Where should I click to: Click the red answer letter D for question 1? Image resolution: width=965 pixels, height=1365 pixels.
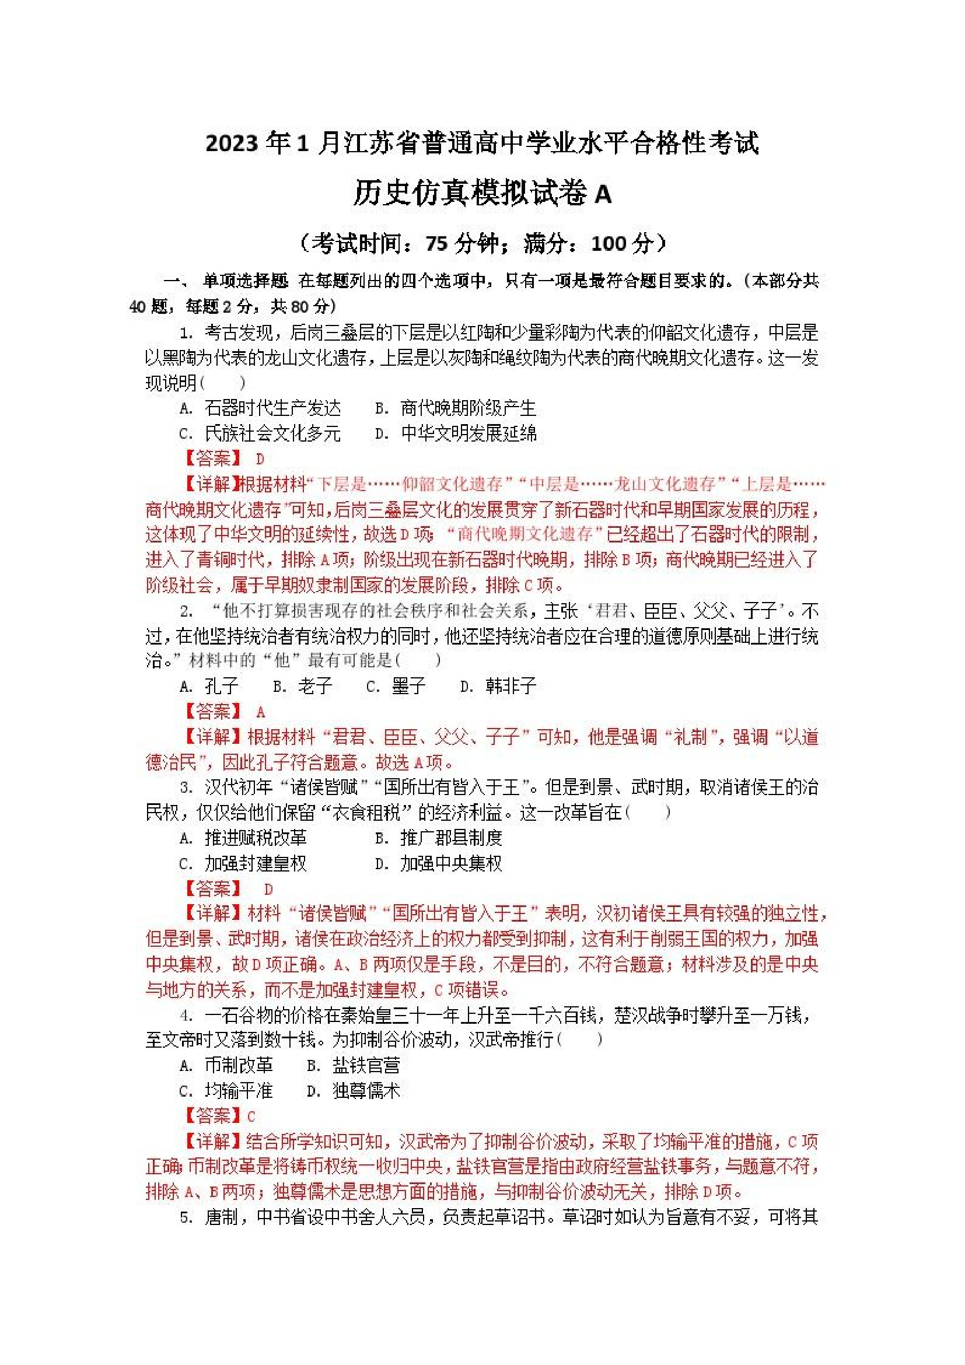pyautogui.click(x=260, y=459)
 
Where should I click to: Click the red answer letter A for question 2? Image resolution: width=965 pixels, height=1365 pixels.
pyautogui.click(x=260, y=712)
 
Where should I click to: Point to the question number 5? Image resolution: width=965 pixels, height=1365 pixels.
pyautogui.click(x=186, y=1218)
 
